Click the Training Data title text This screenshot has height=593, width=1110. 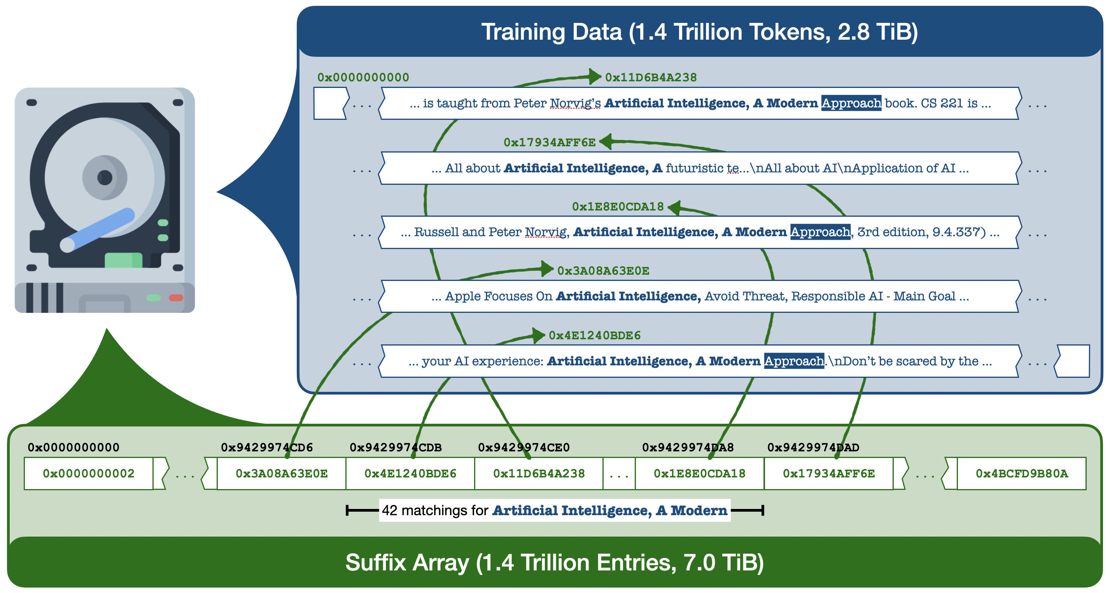click(699, 32)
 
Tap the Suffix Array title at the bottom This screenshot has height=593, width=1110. click(554, 562)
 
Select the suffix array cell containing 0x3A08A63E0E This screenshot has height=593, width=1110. click(281, 474)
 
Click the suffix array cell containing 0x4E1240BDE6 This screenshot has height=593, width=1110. click(410, 474)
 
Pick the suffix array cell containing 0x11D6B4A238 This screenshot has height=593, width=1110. click(539, 474)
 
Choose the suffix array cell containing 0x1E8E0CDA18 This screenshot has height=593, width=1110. click(699, 474)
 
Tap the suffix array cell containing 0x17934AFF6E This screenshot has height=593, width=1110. click(828, 474)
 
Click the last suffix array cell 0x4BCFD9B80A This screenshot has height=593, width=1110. click(1021, 474)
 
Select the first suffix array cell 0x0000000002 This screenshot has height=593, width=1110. click(88, 474)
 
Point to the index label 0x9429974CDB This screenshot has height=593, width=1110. click(395, 447)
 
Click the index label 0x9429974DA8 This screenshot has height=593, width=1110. click(688, 447)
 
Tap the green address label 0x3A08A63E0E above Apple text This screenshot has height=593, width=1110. click(603, 271)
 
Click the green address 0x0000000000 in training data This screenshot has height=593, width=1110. click(363, 77)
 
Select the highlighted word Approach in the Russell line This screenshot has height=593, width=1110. click(820, 232)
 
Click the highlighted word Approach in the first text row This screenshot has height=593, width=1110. click(851, 103)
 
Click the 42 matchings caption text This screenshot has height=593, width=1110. click(554, 510)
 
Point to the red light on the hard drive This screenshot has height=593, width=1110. click(176, 298)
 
